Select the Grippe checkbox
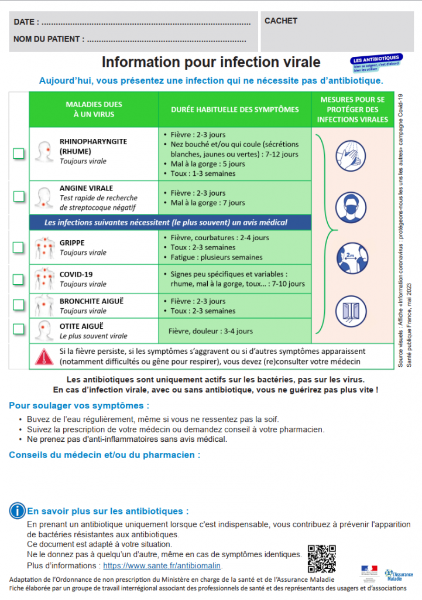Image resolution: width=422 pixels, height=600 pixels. pos(19,247)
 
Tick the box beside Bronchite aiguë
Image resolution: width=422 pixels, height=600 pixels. pos(19,305)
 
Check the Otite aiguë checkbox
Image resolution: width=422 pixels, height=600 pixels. pos(19,329)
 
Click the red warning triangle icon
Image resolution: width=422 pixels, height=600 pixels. pos(44,356)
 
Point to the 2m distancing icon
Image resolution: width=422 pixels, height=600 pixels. pos(352,257)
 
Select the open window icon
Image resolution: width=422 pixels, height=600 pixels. pos(352,308)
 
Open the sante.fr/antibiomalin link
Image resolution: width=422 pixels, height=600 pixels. pos(162,566)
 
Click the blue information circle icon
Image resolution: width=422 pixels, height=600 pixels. pos(18,511)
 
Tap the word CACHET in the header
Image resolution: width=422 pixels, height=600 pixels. pos(281,21)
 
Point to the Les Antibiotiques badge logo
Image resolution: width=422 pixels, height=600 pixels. pos(376,62)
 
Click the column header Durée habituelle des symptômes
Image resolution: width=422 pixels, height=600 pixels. pos(235,110)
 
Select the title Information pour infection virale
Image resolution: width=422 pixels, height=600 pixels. pos(211,62)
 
